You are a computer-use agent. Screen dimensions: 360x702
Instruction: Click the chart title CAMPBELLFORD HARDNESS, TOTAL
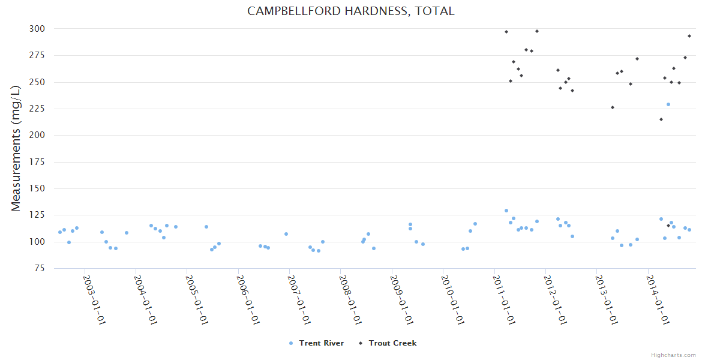(351, 11)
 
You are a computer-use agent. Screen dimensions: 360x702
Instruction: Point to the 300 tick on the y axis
(37, 29)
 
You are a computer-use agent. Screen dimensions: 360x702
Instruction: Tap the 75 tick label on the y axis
(40, 268)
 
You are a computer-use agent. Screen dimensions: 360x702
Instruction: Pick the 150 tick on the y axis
(37, 188)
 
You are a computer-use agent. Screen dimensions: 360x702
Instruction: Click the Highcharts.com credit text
(673, 355)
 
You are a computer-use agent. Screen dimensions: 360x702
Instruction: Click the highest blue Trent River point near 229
(668, 104)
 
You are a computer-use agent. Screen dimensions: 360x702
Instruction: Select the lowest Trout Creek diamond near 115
(668, 226)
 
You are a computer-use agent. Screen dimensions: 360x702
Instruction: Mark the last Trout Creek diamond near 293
(689, 36)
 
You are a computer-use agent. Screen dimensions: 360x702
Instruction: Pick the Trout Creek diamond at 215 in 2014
(661, 119)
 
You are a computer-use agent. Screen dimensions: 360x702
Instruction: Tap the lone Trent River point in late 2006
(286, 234)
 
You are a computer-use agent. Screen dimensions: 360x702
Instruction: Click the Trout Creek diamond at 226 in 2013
(613, 107)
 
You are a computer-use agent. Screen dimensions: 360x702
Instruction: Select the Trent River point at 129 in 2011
(506, 211)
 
